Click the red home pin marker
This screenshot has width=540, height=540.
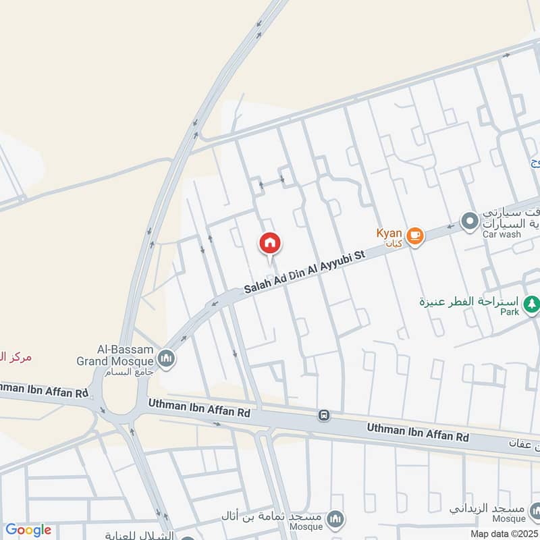point(270,244)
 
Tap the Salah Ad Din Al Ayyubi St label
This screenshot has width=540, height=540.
point(304,271)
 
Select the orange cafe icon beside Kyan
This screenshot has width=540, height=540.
point(415,236)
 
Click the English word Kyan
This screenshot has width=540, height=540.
point(389,233)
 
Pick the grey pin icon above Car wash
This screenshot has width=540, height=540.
point(468,220)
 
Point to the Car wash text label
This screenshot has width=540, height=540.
point(502,234)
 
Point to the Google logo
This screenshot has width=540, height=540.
point(28,530)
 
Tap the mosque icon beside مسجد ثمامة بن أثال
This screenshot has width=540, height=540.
point(334,518)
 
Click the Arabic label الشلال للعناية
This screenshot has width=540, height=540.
point(139,535)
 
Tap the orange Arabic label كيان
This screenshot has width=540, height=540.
point(395,242)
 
